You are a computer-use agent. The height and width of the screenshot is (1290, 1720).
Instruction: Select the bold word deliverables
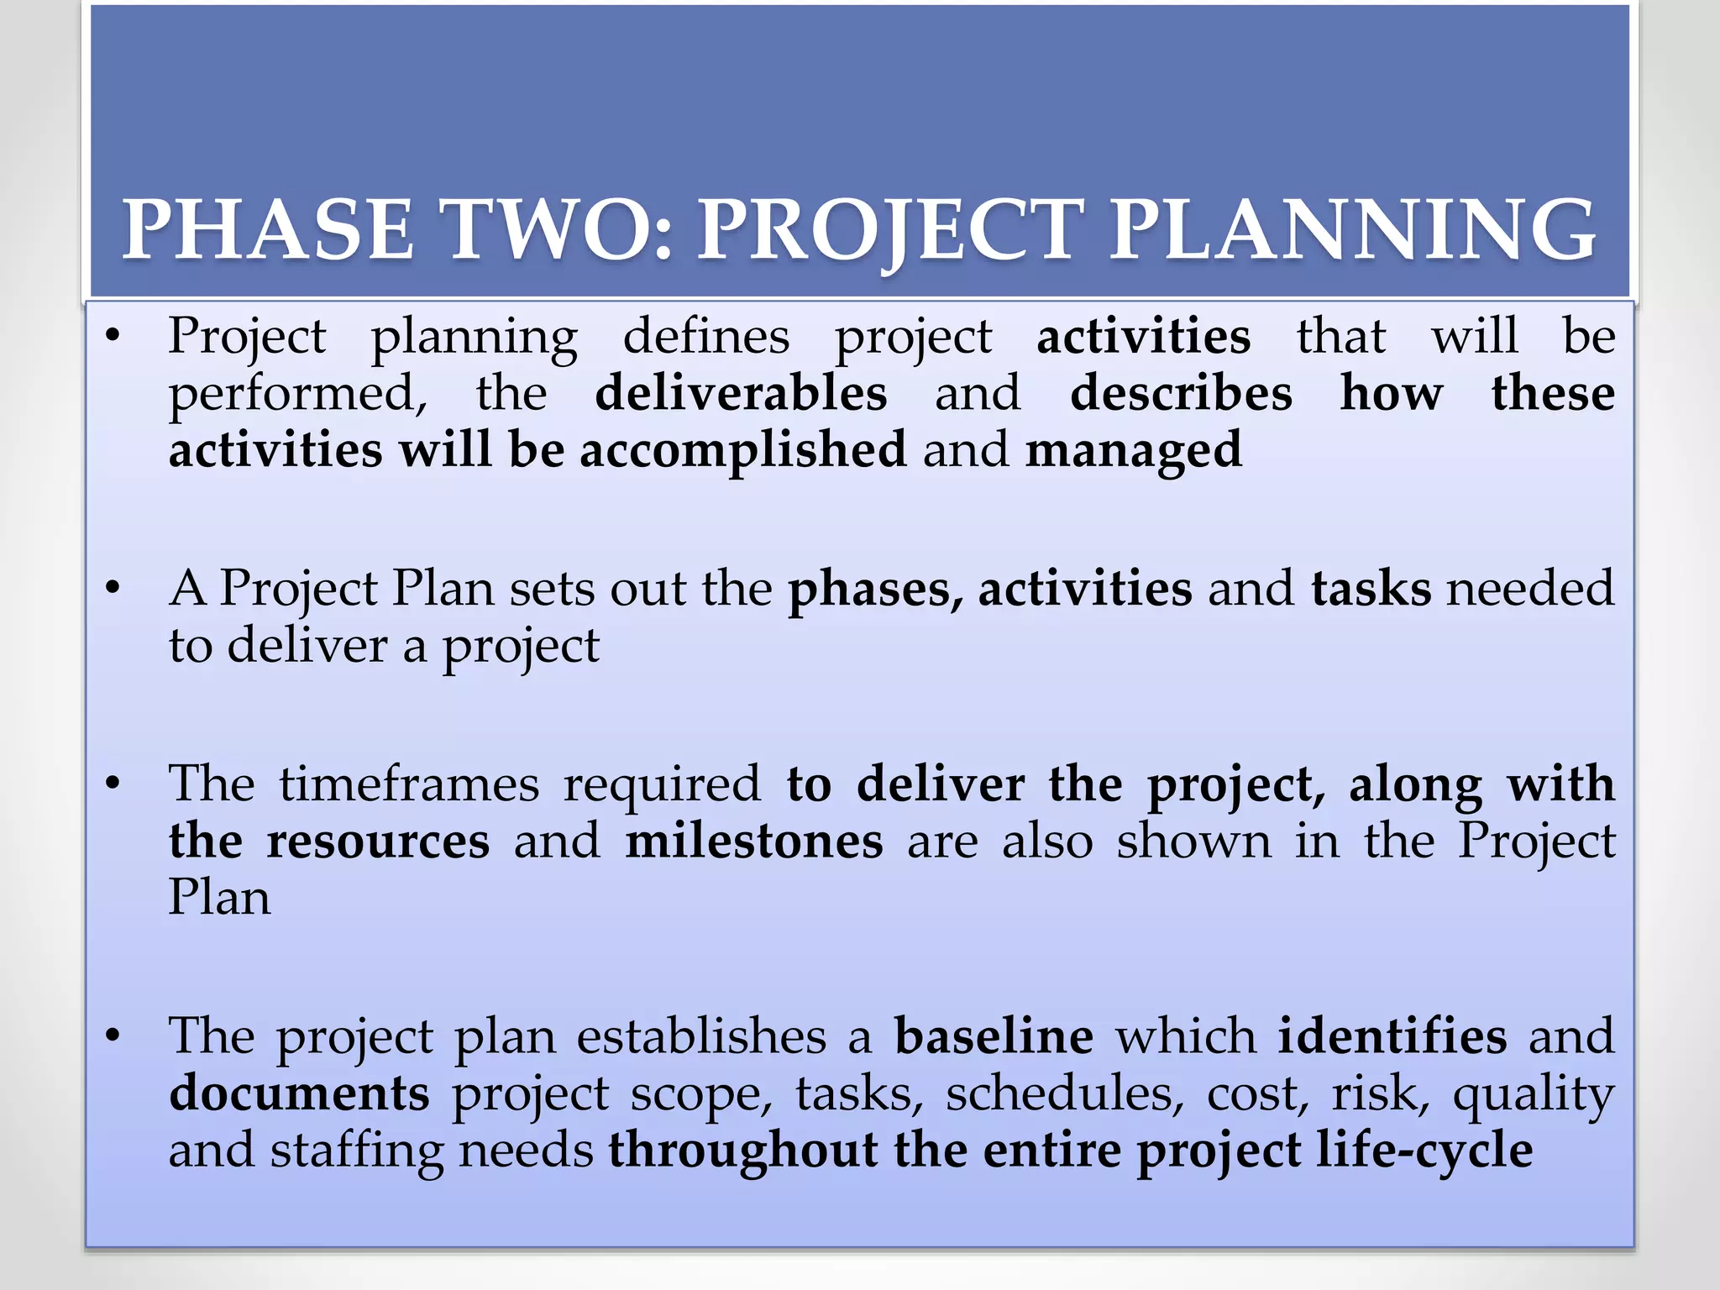(x=741, y=393)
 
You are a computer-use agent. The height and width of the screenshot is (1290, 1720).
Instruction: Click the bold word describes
(x=1181, y=393)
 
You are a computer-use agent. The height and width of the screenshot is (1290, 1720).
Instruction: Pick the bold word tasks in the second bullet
(x=1371, y=588)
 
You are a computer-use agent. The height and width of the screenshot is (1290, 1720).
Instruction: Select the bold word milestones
(x=754, y=841)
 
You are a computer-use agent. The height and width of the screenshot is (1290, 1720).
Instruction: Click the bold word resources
(x=378, y=841)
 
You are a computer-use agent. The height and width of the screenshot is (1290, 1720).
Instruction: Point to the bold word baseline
(x=994, y=1036)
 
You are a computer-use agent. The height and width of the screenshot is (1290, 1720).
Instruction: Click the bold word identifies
(x=1392, y=1036)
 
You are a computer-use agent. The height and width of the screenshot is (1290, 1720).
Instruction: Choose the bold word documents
(x=299, y=1093)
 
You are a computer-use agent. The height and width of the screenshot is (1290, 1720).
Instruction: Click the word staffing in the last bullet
(x=356, y=1151)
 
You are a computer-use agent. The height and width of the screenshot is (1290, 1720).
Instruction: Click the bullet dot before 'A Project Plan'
(x=113, y=588)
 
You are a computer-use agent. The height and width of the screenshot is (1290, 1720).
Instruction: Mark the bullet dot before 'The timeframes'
(x=113, y=784)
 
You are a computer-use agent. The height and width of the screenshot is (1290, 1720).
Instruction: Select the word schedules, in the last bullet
(x=1064, y=1093)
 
